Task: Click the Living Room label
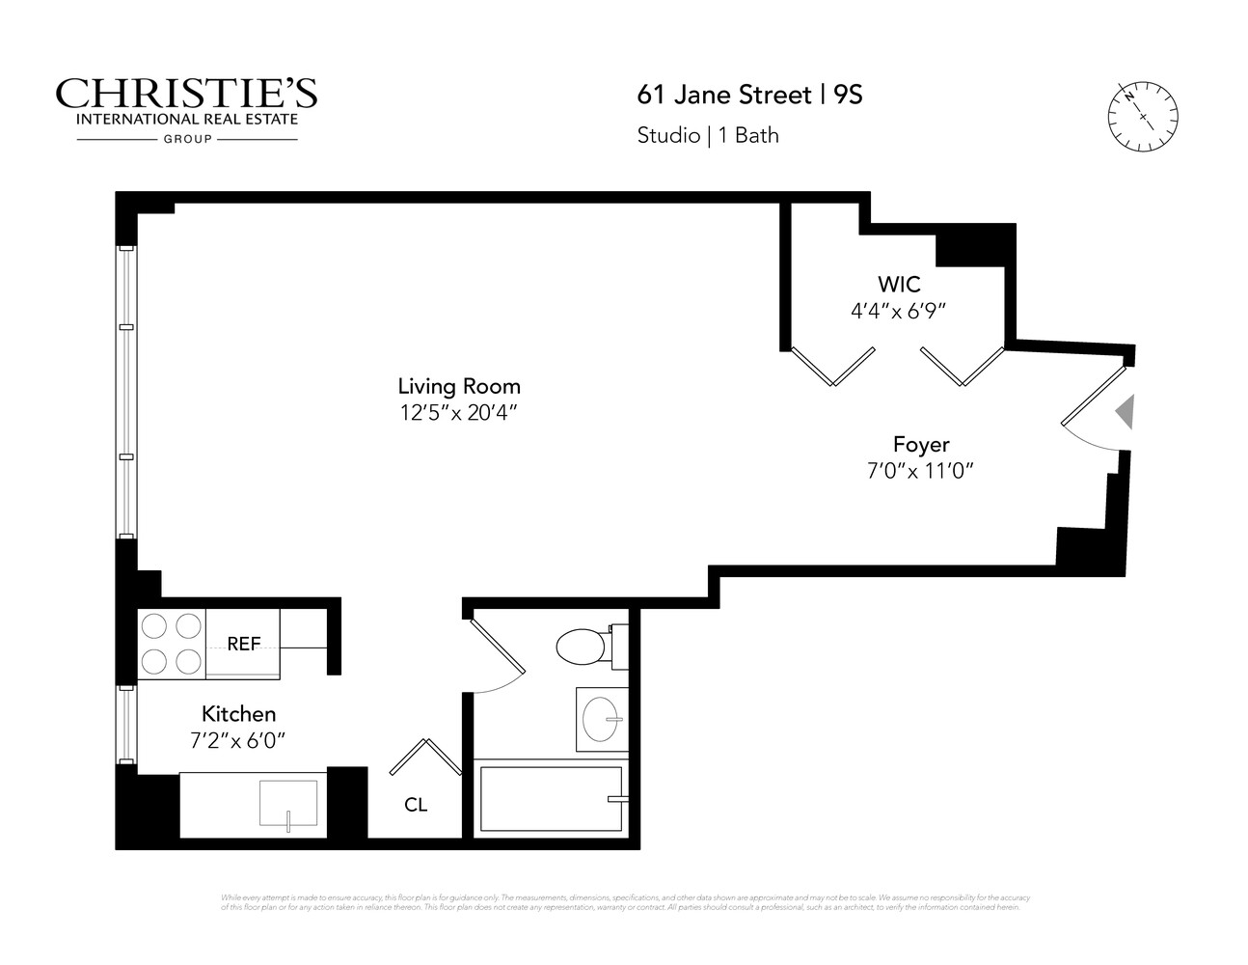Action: click(x=459, y=386)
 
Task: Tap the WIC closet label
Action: click(x=898, y=285)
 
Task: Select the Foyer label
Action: click(x=921, y=445)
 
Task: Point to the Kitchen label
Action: click(x=238, y=714)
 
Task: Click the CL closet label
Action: click(x=416, y=805)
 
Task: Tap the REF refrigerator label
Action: click(x=243, y=644)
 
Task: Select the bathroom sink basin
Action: click(x=602, y=719)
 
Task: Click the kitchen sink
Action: click(x=288, y=803)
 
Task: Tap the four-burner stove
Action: click(x=172, y=644)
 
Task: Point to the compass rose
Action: click(x=1143, y=116)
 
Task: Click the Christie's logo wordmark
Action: click(x=186, y=95)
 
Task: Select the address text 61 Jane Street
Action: click(x=724, y=95)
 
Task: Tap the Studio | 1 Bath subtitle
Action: click(x=708, y=135)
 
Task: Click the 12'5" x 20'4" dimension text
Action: click(x=459, y=413)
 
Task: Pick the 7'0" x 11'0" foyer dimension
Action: click(x=921, y=471)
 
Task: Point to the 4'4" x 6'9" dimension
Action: click(x=898, y=311)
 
